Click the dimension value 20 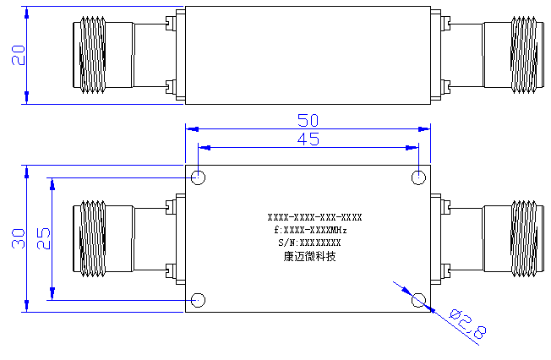point(19,55)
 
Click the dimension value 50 point(308,120)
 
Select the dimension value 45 point(308,139)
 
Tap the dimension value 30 point(19,238)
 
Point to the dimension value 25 point(44,238)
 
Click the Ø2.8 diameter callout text point(468,325)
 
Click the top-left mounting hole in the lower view point(199,177)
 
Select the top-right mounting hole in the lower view point(418,177)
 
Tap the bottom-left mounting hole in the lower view point(199,300)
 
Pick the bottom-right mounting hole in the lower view point(418,300)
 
